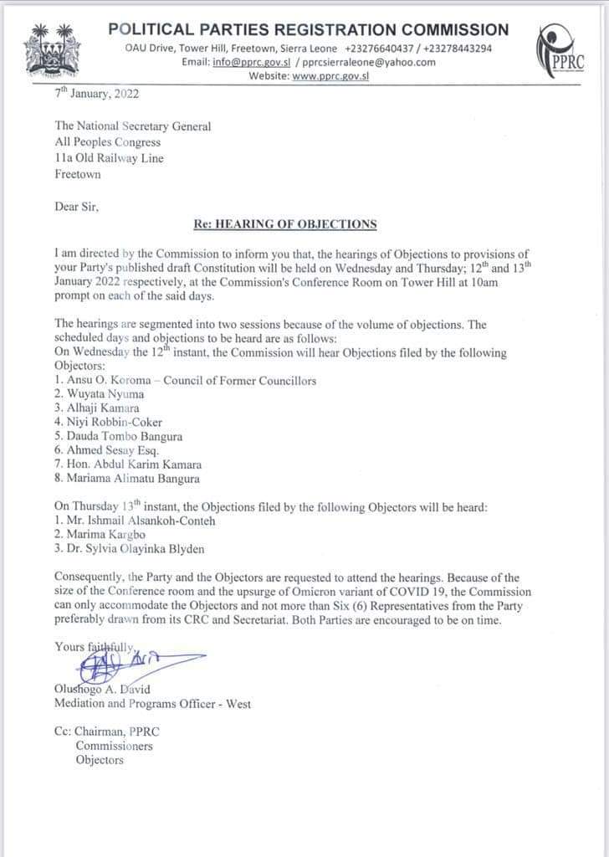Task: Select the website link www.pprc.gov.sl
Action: click(330, 75)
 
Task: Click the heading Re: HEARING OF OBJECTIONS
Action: click(285, 223)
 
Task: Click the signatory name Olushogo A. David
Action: click(100, 689)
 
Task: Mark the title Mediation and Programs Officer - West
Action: click(152, 704)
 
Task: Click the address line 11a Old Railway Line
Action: click(109, 158)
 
